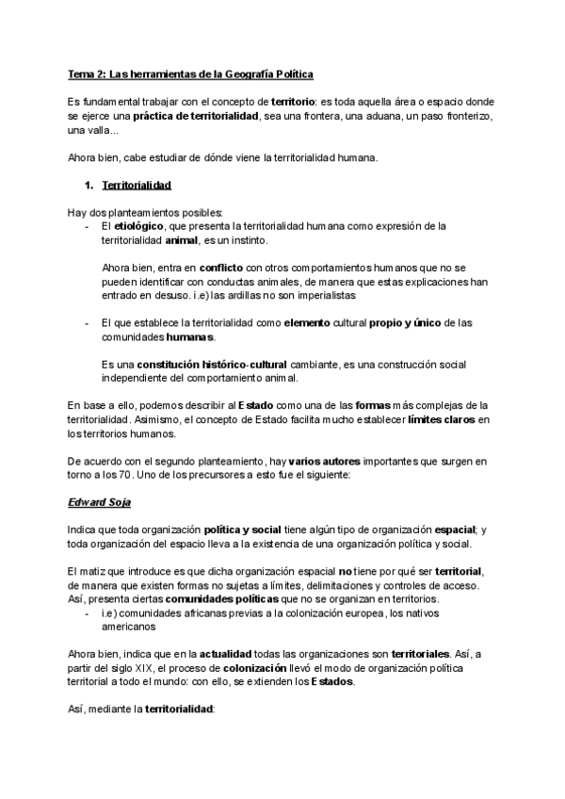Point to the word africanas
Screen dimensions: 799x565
click(213, 612)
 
